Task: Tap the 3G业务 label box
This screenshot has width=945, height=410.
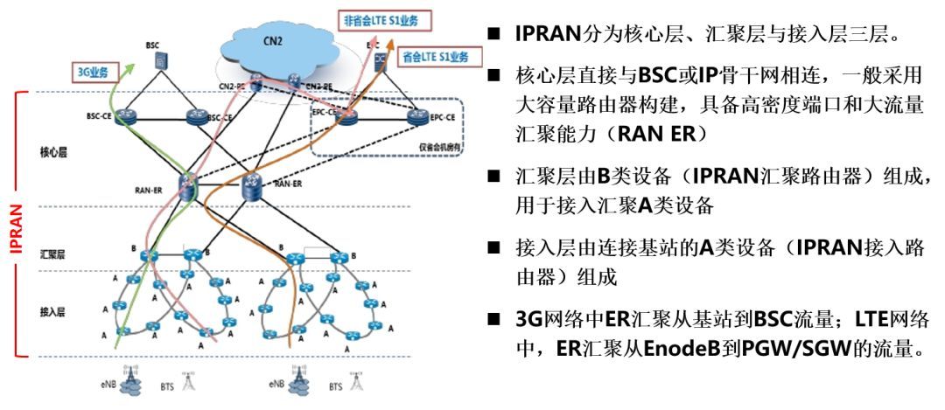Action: [x=91, y=72]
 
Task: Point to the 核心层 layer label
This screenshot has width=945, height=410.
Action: [x=53, y=152]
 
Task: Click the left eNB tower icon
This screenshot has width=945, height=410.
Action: [x=132, y=378]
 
